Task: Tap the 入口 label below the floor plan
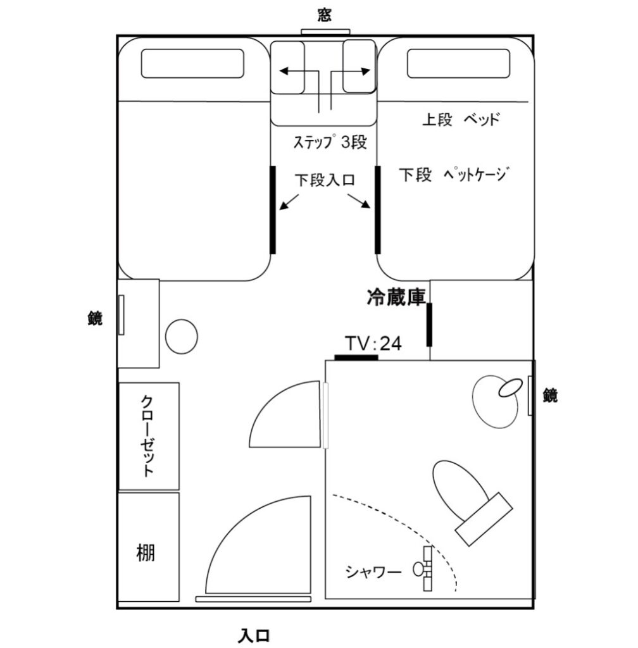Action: [255, 633]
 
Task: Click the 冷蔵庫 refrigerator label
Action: [396, 296]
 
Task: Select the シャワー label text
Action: [373, 572]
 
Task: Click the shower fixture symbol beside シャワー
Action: [423, 568]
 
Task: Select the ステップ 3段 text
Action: [329, 142]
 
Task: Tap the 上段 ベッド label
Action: [461, 119]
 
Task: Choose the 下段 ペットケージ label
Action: [454, 174]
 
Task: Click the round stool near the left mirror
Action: [181, 336]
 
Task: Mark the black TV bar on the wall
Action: [356, 358]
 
